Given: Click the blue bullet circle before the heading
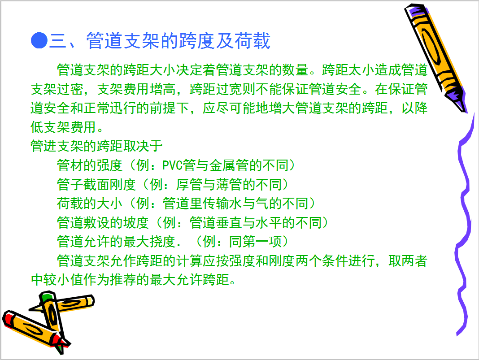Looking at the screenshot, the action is pyautogui.click(x=39, y=40).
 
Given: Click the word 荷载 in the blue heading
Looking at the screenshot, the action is pyautogui.click(x=253, y=41).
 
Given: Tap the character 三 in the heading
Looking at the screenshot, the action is pyautogui.click(x=58, y=41).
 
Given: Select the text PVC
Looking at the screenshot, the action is pyautogui.click(x=172, y=165).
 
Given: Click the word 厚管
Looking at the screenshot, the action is pyautogui.click(x=189, y=184).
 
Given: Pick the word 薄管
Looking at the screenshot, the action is pyautogui.click(x=229, y=184).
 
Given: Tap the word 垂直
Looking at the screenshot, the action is pyautogui.click(x=229, y=223).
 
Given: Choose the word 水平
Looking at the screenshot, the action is pyautogui.click(x=269, y=223).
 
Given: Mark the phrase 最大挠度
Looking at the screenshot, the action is pyautogui.click(x=150, y=242).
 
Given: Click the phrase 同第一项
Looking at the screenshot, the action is pyautogui.click(x=255, y=242).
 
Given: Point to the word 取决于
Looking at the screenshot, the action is pyautogui.click(x=143, y=146).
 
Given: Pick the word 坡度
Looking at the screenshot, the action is pyautogui.click(x=136, y=223).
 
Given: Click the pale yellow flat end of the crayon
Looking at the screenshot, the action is pyautogui.click(x=91, y=301).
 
